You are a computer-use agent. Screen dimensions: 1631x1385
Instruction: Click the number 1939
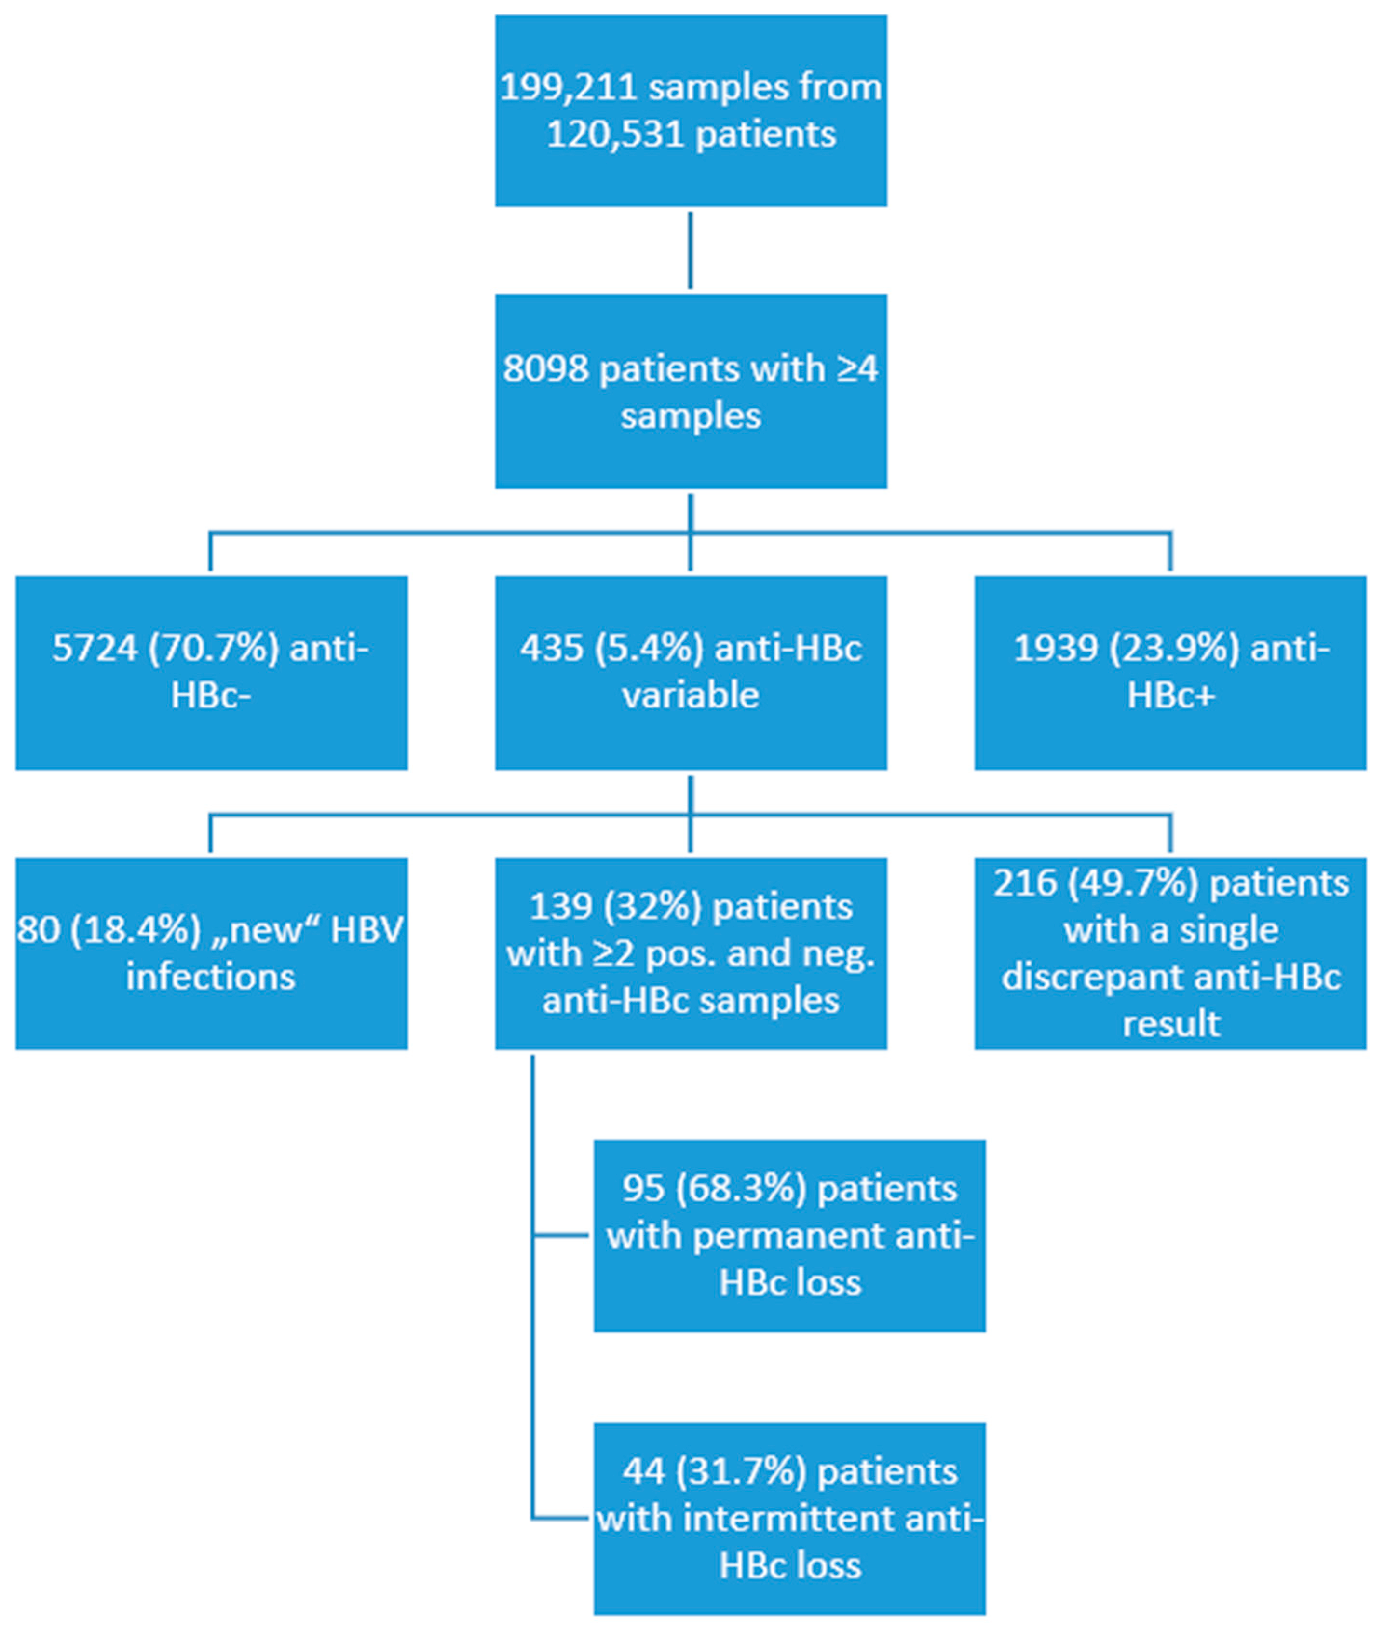pyautogui.click(x=1055, y=649)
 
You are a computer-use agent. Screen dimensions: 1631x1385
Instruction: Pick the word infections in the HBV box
pyautogui.click(x=210, y=978)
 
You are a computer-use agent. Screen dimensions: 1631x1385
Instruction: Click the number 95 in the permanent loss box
pyautogui.click(x=642, y=1189)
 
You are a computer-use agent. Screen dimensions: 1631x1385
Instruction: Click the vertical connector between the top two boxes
pyautogui.click(x=690, y=250)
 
